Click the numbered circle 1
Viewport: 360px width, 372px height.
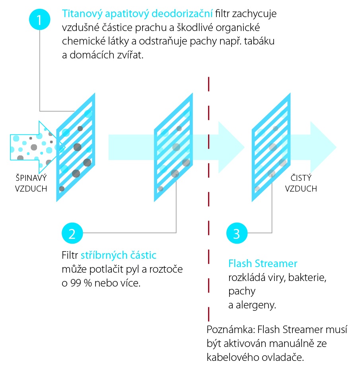39,19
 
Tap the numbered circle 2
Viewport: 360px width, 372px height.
72,233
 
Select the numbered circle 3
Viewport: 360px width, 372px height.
237,233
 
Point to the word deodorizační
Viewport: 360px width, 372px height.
182,14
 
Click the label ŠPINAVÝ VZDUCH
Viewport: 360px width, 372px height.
31,183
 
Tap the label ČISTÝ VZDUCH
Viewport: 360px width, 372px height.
301,183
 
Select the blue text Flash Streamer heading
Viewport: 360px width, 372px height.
263,263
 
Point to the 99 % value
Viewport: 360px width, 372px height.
81,283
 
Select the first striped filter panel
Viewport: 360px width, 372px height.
76,147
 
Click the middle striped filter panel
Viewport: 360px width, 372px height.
173,147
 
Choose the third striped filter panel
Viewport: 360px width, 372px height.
271,147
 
